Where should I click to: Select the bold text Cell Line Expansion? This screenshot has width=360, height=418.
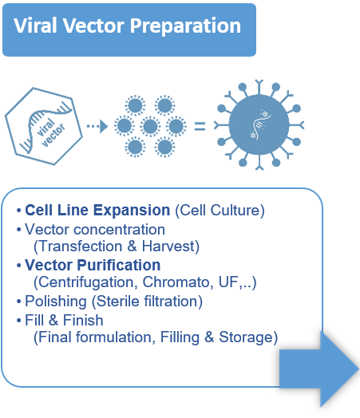tap(97, 211)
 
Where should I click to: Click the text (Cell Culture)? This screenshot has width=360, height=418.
tap(220, 211)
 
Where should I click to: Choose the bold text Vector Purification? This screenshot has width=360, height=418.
tap(93, 265)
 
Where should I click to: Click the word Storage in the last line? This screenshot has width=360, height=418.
tap(249, 337)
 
